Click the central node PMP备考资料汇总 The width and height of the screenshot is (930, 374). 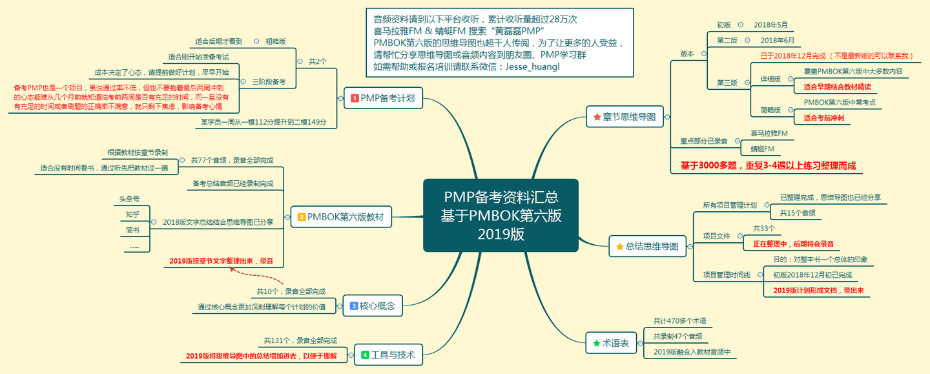(501, 215)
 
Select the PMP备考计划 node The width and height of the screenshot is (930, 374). (383, 98)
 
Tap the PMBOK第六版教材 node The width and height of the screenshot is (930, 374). (341, 217)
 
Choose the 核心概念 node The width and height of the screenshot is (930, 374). (371, 306)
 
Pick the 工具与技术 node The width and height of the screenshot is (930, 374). (388, 355)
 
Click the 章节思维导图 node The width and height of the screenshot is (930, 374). (624, 117)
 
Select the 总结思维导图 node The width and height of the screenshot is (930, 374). (646, 246)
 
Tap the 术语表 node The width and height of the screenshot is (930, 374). (610, 343)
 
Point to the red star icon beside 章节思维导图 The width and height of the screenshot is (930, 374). (597, 118)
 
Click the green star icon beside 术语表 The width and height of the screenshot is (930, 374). (596, 343)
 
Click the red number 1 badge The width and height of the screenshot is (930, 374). (354, 99)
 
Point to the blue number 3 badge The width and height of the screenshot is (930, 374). (354, 306)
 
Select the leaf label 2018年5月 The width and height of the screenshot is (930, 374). (771, 25)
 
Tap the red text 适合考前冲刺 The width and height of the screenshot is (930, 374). (823, 118)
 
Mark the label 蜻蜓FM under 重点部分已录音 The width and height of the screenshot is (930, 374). (762, 149)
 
